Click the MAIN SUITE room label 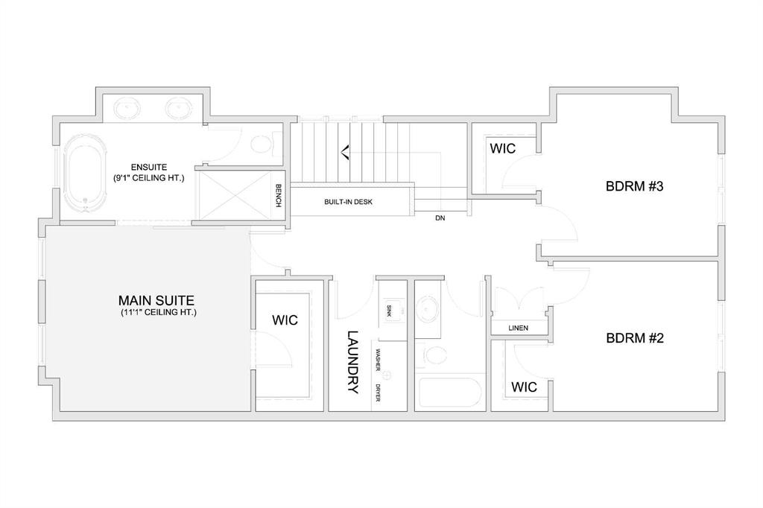[x=156, y=301]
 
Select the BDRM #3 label [x=634, y=187]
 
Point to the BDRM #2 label [x=634, y=337]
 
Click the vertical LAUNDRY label [x=353, y=362]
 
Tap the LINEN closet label [x=519, y=328]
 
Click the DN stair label [x=440, y=218]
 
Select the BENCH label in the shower [x=278, y=195]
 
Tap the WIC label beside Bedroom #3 [x=502, y=149]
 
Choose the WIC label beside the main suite [x=285, y=320]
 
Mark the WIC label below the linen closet [x=524, y=387]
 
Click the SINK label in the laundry [x=388, y=310]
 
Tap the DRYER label [x=379, y=392]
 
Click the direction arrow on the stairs [x=345, y=153]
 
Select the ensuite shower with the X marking [x=234, y=195]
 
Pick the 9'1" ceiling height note [x=148, y=179]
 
